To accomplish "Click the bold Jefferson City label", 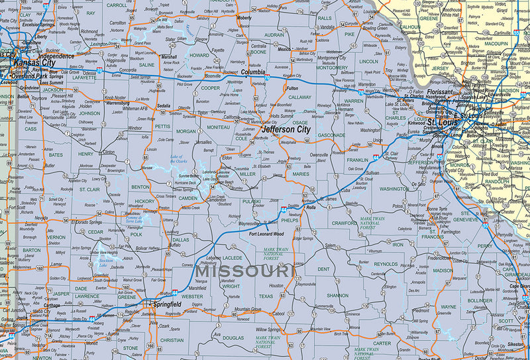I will [286, 130].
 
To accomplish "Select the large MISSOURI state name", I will [244, 272].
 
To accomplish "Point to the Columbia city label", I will [252, 72].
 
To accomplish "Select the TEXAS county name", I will [266, 296].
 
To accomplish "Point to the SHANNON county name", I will [338, 295].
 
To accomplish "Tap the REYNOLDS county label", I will [386, 264].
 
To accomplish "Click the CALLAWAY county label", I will [300, 97].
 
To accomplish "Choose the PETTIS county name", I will [162, 125].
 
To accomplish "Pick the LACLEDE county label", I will [233, 257].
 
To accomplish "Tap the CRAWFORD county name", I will [344, 223].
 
